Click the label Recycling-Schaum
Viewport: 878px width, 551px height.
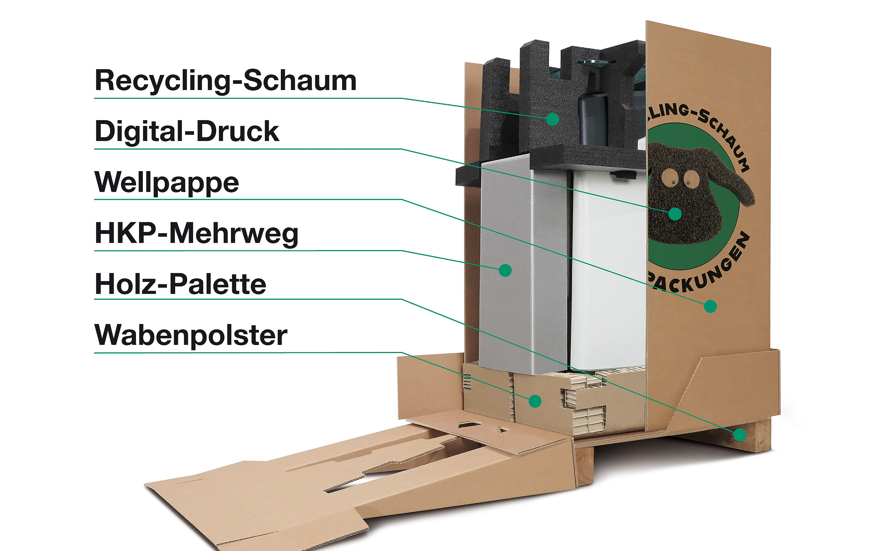(x=225, y=81)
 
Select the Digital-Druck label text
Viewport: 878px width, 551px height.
(x=187, y=132)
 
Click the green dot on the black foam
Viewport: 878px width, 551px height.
(x=552, y=119)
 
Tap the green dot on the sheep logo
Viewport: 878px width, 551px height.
(x=675, y=214)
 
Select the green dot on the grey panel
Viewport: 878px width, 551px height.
(x=505, y=270)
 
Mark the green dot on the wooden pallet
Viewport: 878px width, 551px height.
(x=740, y=435)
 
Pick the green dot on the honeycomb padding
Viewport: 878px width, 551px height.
(x=535, y=401)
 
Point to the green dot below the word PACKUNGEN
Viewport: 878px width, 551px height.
(x=710, y=306)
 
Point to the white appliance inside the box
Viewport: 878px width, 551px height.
(x=608, y=270)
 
